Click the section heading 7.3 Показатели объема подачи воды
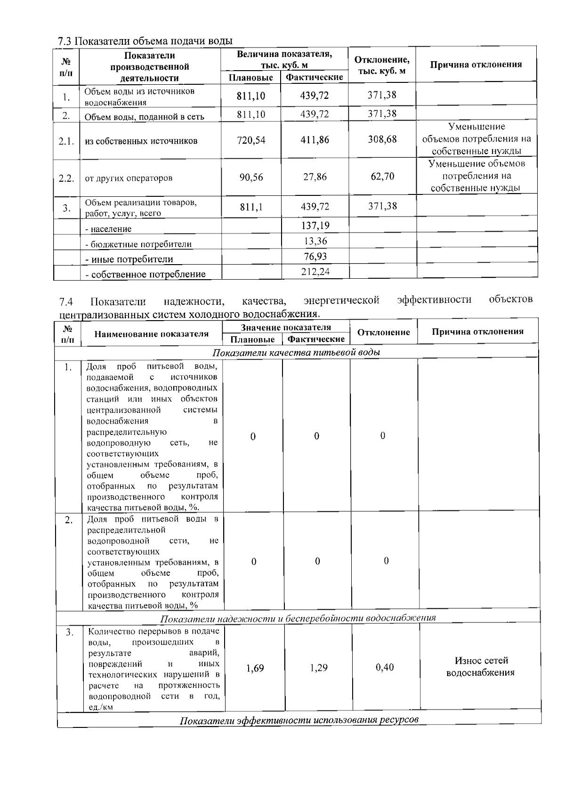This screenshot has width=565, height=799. pyautogui.click(x=145, y=41)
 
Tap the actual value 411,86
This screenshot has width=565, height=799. pyautogui.click(x=315, y=140)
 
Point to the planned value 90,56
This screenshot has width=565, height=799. pyautogui.click(x=251, y=178)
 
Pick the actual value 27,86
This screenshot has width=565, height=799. pyautogui.click(x=315, y=177)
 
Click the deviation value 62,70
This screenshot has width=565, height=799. pyautogui.click(x=382, y=177)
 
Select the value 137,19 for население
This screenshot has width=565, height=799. pyautogui.click(x=315, y=226)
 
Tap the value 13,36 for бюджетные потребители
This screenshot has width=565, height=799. pyautogui.click(x=315, y=241)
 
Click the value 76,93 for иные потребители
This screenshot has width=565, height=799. pyautogui.click(x=315, y=257)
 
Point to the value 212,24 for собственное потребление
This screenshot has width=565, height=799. pyautogui.click(x=315, y=272)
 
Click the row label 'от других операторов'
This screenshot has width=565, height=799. pyautogui.click(x=129, y=178)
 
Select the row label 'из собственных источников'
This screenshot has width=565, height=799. pyautogui.click(x=141, y=141)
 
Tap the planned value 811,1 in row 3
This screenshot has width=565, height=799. pyautogui.click(x=251, y=207)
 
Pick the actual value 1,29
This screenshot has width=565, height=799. pyautogui.click(x=319, y=668)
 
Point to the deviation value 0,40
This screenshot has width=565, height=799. pyautogui.click(x=385, y=668)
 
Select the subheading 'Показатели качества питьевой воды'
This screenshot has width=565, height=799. pyautogui.click(x=297, y=353)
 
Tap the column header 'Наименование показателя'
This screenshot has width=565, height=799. pyautogui.click(x=151, y=334)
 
